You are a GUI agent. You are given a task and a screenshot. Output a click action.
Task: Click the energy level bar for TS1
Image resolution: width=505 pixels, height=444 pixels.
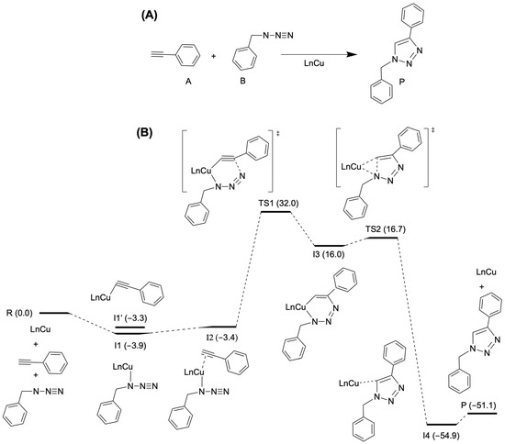[x=276, y=211]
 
